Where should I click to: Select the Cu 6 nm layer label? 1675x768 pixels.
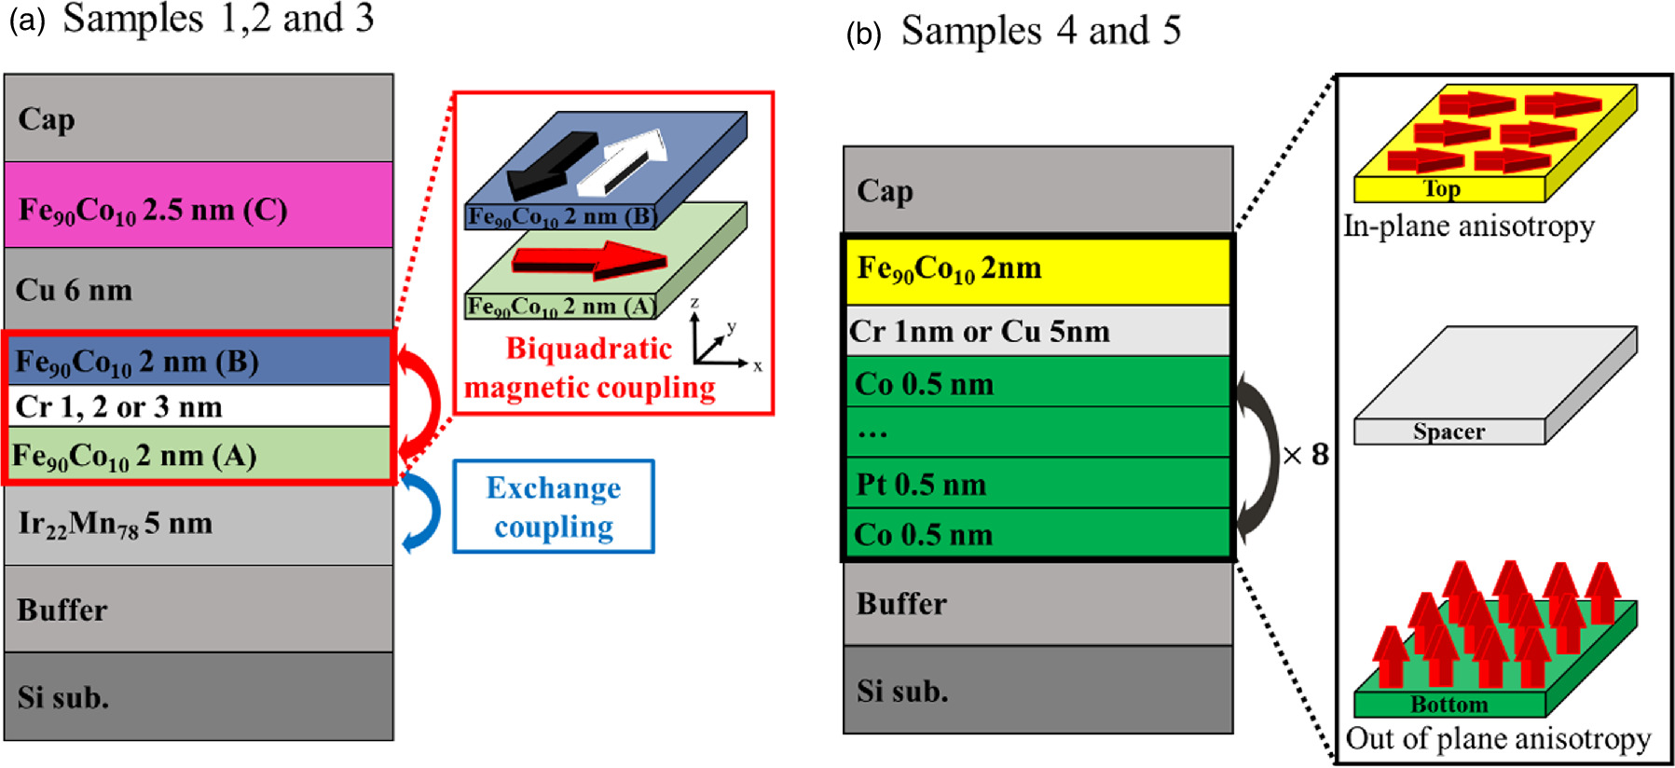[x=75, y=290]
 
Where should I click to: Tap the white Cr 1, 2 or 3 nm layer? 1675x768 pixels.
[x=199, y=406]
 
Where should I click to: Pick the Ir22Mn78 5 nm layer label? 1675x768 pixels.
[x=116, y=524]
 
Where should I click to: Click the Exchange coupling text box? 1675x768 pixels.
[x=554, y=507]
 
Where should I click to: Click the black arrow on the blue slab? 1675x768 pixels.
[x=552, y=162]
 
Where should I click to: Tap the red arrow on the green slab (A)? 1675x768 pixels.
[x=591, y=260]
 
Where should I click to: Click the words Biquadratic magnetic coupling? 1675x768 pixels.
[x=589, y=368]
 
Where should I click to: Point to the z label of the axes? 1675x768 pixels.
[x=694, y=303]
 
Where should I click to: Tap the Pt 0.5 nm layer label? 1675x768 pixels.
[x=921, y=484]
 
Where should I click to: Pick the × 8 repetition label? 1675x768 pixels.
[x=1306, y=455]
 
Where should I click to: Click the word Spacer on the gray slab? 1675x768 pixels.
[x=1448, y=432]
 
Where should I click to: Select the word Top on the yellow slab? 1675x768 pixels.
[x=1442, y=189]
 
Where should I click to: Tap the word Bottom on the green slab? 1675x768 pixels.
[x=1448, y=705]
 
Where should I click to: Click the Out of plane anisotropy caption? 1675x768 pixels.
[x=1498, y=738]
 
